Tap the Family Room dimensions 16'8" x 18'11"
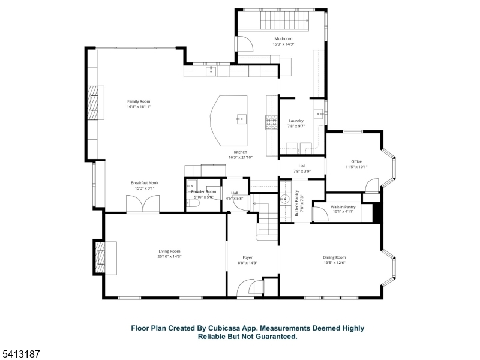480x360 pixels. pyautogui.click(x=138, y=107)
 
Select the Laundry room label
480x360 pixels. pyautogui.click(x=296, y=121)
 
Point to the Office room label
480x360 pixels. pyautogui.click(x=356, y=161)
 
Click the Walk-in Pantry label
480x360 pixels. pyautogui.click(x=343, y=207)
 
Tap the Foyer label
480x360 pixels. pyautogui.click(x=247, y=257)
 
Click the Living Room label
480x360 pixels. pyautogui.click(x=170, y=251)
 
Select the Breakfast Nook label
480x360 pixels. pyautogui.click(x=144, y=183)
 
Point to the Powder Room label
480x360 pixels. pyautogui.click(x=203, y=191)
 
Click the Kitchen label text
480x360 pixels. pyautogui.click(x=240, y=152)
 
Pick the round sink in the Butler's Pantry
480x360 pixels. pyautogui.click(x=286, y=199)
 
